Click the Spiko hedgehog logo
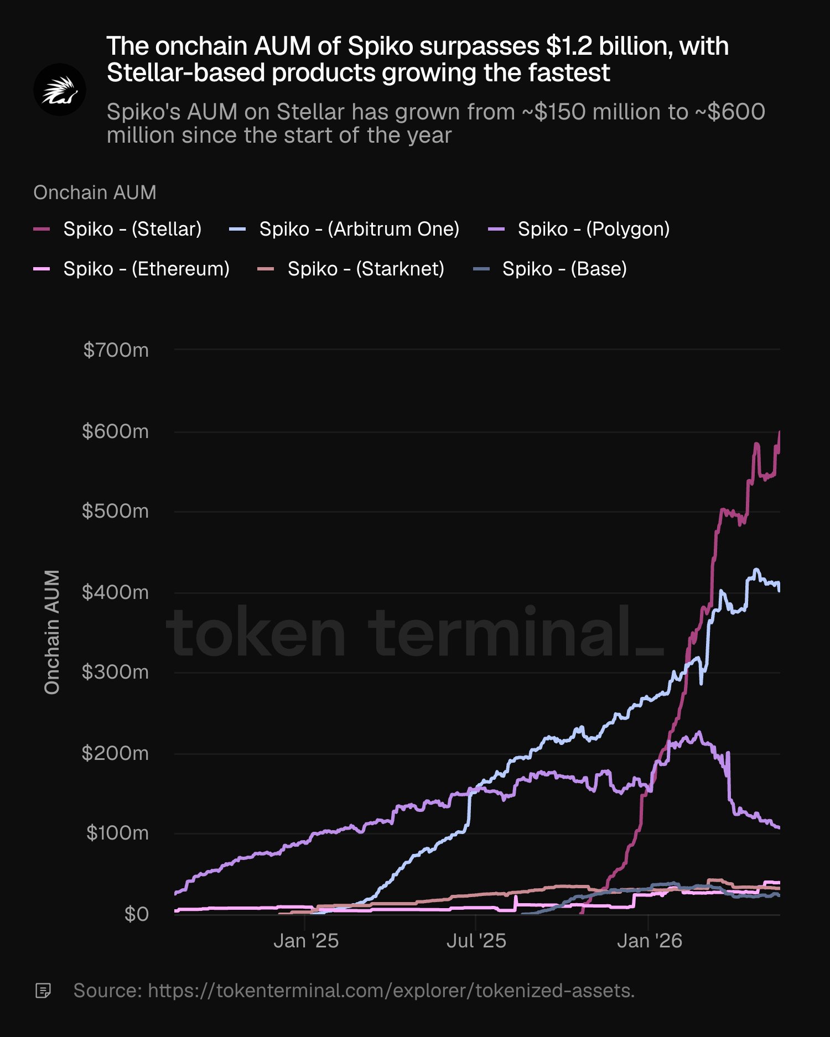point(60,90)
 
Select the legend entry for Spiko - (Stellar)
point(117,229)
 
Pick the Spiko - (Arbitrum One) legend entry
point(344,229)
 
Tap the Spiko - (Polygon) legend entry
point(579,229)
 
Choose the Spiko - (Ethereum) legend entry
point(131,269)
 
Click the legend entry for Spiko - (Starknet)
point(351,269)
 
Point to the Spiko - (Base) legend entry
point(551,269)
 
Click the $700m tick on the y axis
point(116,350)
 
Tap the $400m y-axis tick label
point(115,592)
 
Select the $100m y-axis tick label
point(117,833)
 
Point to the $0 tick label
point(136,914)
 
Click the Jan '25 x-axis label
point(306,941)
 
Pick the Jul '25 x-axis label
point(476,941)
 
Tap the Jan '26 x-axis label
point(650,941)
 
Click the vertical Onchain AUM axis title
point(52,632)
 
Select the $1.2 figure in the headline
point(569,46)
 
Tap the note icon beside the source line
point(43,991)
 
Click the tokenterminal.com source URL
point(391,991)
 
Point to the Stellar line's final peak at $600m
point(779,432)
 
